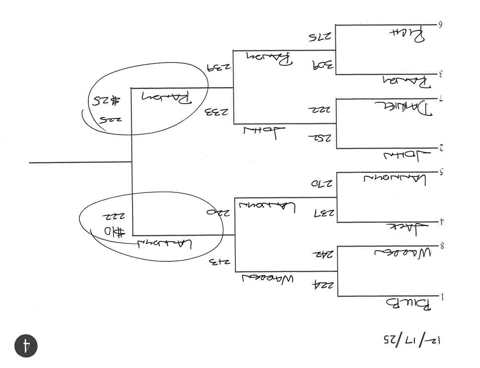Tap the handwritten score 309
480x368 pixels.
pyautogui.click(x=319, y=65)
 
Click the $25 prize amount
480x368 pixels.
pyautogui.click(x=104, y=100)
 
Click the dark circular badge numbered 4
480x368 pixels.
pyautogui.click(x=26, y=345)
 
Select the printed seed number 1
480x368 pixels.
pyautogui.click(x=442, y=297)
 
